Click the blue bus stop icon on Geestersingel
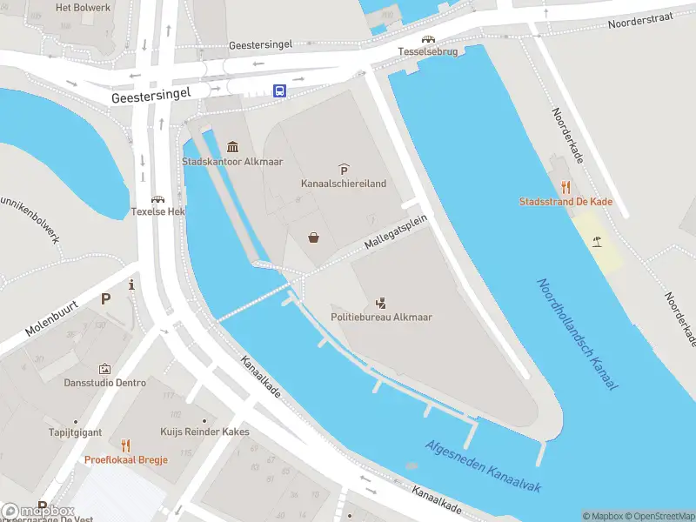coord(279,90)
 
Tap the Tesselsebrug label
coord(427,52)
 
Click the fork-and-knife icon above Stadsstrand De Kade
coord(565,186)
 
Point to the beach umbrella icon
coord(597,241)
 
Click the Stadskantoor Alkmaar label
coord(232,162)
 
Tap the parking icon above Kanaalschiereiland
coord(344,169)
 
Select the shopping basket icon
coord(313,238)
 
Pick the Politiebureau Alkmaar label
coord(381,318)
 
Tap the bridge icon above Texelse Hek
coord(158,199)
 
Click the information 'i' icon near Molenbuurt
coord(130,284)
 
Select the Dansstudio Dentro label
coord(105,383)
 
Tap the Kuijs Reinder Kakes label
coord(204,432)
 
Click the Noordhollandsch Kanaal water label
coord(576,334)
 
